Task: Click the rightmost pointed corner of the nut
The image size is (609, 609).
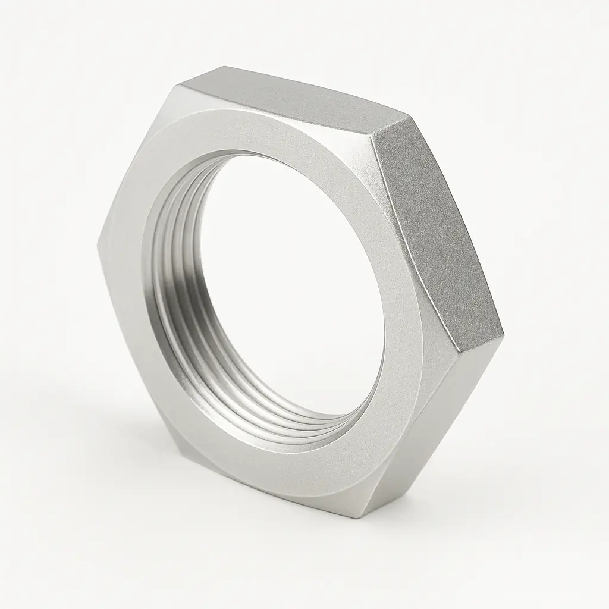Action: pos(503,327)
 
